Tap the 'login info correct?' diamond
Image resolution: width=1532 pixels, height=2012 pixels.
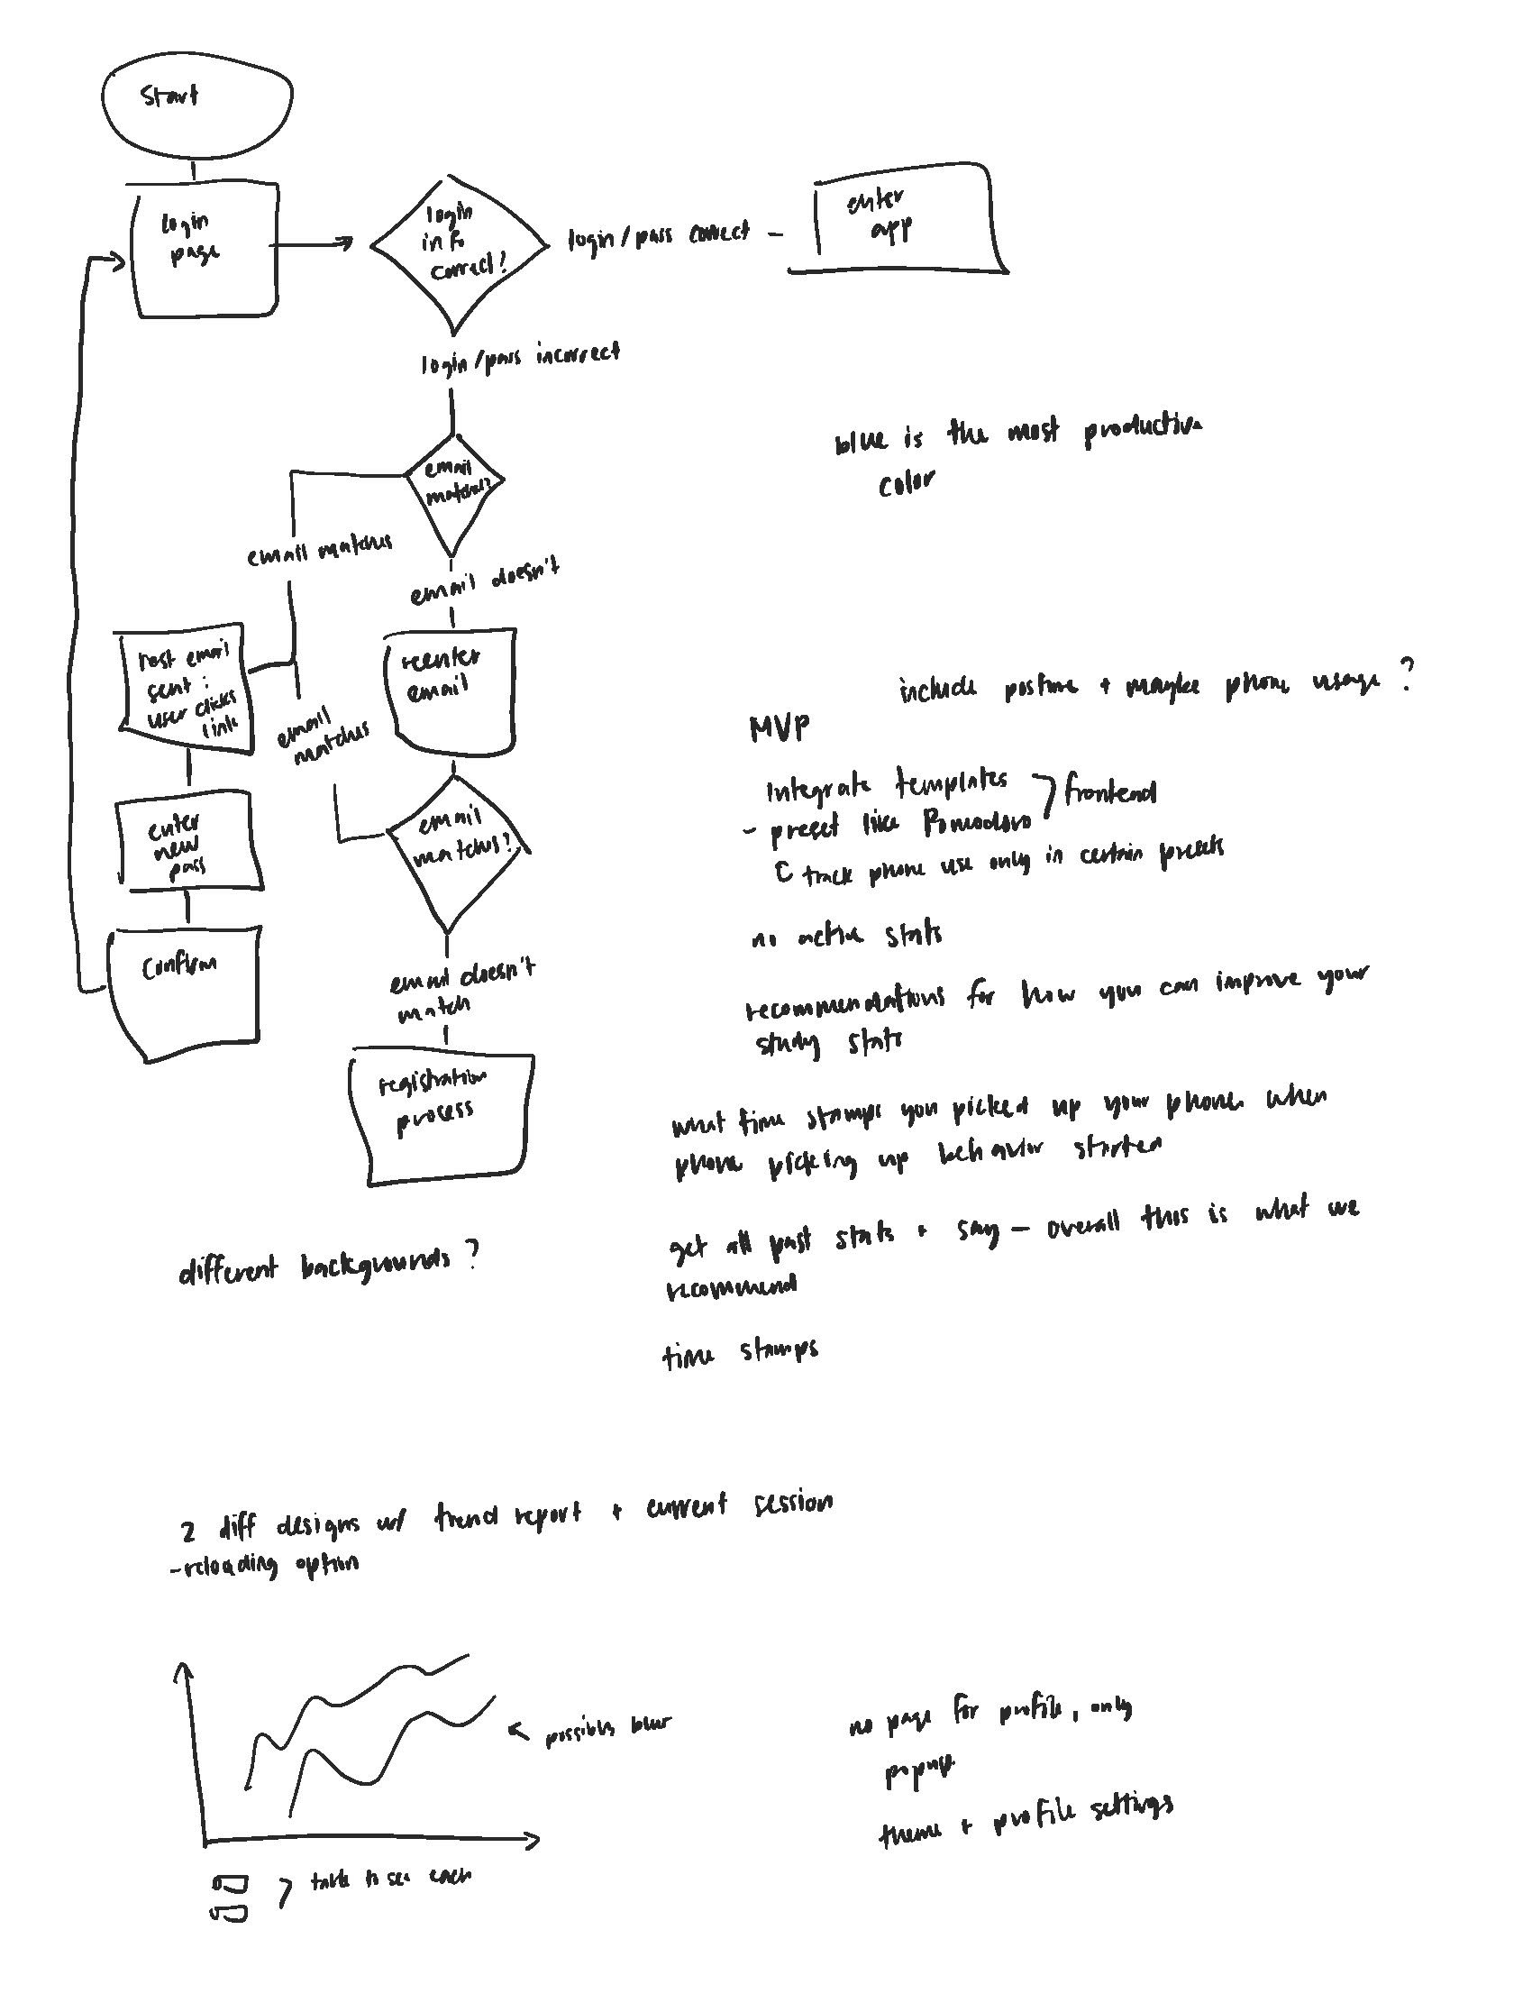(x=458, y=244)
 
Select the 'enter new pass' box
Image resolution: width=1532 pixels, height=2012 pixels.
(x=187, y=842)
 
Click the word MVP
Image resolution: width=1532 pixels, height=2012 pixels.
(x=778, y=727)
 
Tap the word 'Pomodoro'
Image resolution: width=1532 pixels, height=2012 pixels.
(x=976, y=824)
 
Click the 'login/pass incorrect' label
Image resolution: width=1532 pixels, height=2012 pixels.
(x=520, y=359)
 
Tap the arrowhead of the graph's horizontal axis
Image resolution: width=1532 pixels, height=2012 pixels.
(x=533, y=1841)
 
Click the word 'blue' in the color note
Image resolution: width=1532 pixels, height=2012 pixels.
(x=860, y=442)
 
